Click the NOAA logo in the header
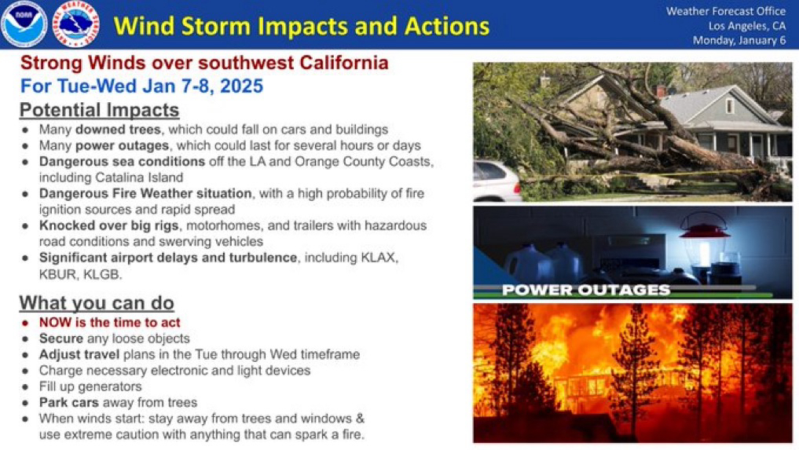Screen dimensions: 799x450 [24, 24]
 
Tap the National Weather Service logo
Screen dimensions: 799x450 [76, 24]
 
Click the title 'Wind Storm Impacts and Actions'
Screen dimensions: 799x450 [301, 26]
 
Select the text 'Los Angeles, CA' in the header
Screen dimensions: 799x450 [747, 26]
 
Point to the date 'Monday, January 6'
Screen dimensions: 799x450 [739, 40]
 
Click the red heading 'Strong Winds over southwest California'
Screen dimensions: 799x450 [204, 63]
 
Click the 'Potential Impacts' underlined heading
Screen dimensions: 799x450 [99, 110]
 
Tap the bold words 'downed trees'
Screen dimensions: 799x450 [118, 130]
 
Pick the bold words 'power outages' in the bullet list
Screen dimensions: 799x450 [122, 146]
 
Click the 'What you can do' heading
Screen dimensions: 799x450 [97, 302]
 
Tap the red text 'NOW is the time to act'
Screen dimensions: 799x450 [109, 323]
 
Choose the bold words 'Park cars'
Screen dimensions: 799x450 [69, 403]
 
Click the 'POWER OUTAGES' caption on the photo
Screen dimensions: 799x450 [586, 290]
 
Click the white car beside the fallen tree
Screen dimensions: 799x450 [496, 181]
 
